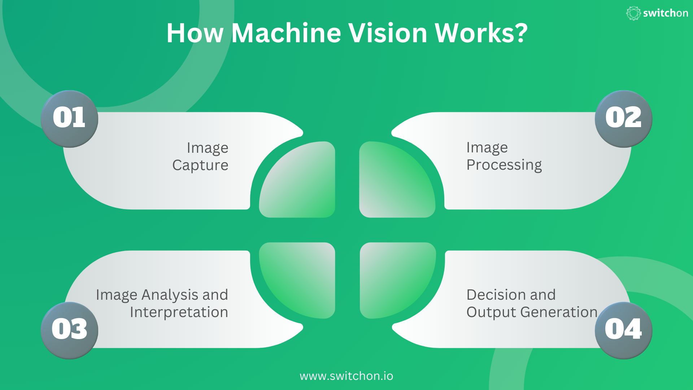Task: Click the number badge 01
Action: (69, 118)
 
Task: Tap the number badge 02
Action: (623, 118)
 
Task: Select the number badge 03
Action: (69, 330)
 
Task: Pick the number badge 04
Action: (623, 330)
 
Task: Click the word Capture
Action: (200, 165)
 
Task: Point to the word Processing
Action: (504, 165)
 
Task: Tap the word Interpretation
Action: (179, 312)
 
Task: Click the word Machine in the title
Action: (286, 33)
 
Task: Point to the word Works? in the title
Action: (481, 33)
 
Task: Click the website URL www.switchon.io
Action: (346, 376)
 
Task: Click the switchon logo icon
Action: (633, 13)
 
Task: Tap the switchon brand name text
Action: (666, 13)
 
